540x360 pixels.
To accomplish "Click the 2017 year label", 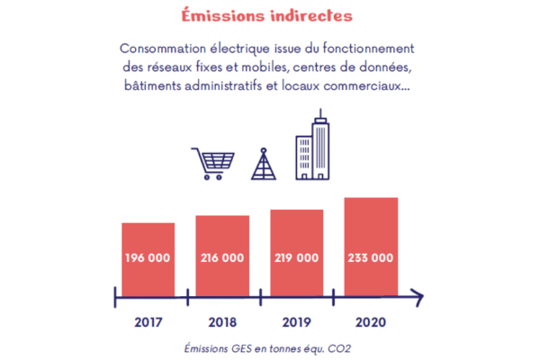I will (148, 319).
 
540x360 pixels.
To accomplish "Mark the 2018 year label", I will (222, 319).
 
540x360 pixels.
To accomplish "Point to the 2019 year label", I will (297, 319).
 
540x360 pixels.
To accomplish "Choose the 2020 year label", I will (371, 319).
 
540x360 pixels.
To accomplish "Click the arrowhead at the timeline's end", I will (416, 294).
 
